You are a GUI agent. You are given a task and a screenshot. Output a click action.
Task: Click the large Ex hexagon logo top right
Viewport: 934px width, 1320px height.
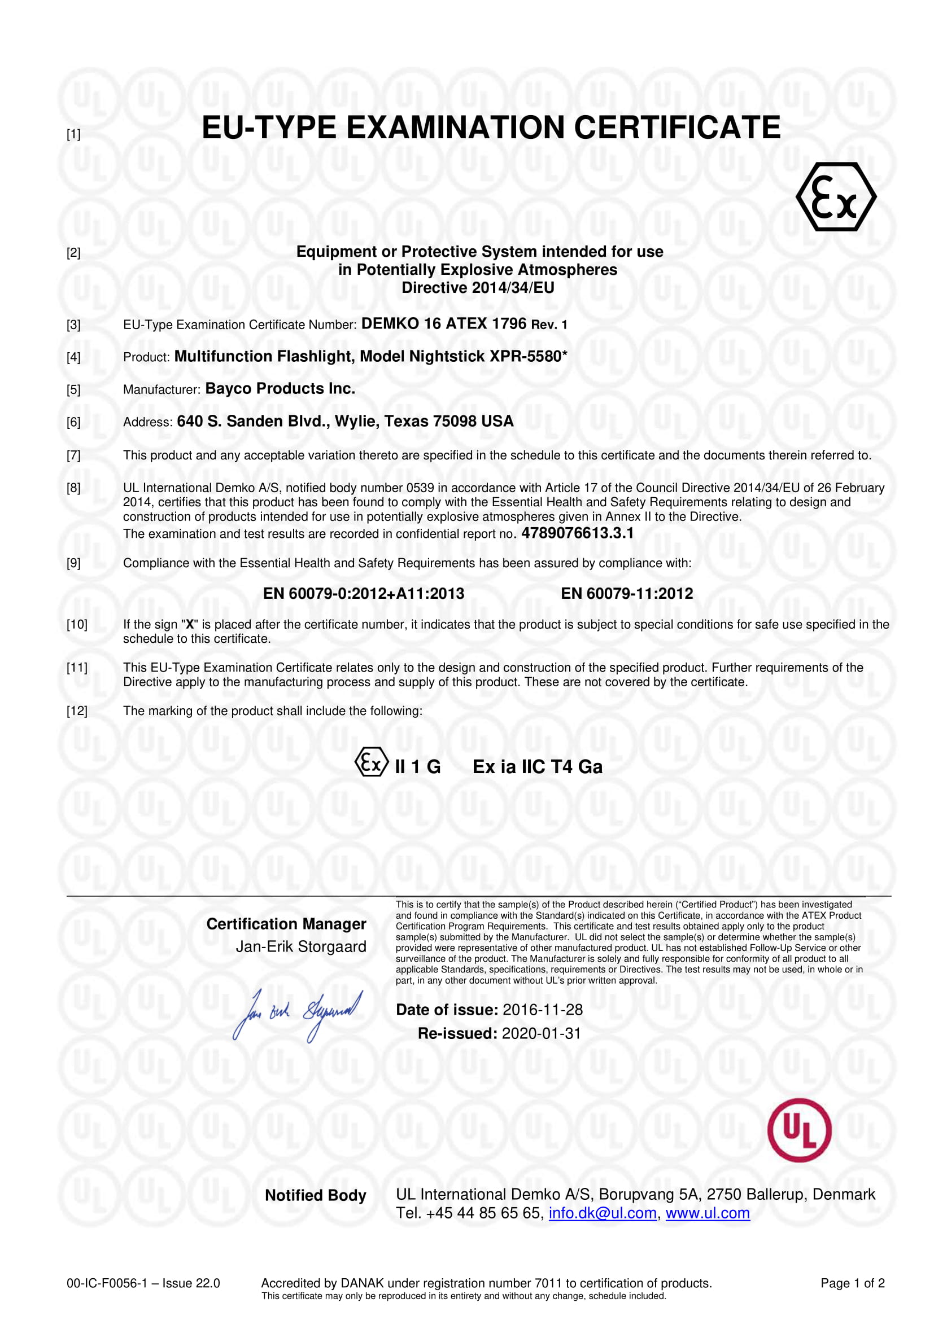point(836,196)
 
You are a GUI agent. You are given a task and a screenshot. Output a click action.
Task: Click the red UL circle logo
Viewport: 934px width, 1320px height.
point(799,1130)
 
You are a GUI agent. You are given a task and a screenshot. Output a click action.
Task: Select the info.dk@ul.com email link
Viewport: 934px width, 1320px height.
point(602,1213)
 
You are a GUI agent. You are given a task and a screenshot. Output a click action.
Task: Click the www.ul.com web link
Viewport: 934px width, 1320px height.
point(708,1213)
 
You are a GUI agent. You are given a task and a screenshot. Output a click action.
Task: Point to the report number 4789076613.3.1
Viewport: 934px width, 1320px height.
point(577,533)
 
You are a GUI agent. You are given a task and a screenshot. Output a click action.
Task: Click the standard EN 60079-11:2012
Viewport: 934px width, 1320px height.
point(626,593)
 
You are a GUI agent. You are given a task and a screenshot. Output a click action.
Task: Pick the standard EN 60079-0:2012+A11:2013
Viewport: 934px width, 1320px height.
point(364,593)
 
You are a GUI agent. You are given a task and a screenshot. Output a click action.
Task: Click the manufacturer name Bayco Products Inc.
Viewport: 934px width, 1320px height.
point(280,389)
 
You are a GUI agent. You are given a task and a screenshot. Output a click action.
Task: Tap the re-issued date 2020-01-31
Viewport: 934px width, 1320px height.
point(541,1033)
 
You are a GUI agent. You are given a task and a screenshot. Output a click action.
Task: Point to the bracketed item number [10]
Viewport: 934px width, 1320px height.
point(77,624)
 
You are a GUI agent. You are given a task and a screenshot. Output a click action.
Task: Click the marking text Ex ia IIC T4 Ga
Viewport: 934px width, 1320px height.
point(537,767)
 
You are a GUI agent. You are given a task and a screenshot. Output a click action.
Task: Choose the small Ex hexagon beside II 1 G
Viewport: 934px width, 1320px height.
point(372,763)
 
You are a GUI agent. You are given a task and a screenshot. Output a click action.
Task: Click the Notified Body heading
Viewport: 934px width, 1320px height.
point(315,1195)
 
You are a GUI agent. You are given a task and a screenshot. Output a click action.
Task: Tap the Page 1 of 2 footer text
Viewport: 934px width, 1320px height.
point(852,1283)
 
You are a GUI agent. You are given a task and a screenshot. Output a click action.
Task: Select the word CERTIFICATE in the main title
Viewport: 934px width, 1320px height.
point(677,128)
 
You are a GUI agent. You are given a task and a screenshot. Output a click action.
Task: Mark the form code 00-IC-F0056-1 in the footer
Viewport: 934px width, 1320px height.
point(107,1283)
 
